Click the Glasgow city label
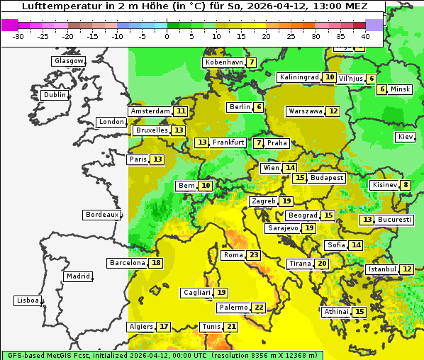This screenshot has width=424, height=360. [x=68, y=61]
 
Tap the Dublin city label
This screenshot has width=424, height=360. [x=54, y=95]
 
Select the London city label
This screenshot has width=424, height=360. [x=111, y=122]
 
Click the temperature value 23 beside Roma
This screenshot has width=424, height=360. [x=254, y=255]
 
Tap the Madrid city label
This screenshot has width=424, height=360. [x=77, y=276]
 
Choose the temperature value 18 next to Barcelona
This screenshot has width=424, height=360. [x=156, y=263]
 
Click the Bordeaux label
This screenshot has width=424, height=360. [x=101, y=215]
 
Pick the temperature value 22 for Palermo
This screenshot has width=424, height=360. [x=259, y=308]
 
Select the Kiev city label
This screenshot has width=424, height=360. [x=406, y=137]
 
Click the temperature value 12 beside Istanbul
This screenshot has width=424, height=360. [x=407, y=269]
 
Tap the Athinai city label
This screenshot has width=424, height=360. [x=335, y=312]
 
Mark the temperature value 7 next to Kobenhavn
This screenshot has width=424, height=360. [x=252, y=62]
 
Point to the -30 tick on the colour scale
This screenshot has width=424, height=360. [x=19, y=36]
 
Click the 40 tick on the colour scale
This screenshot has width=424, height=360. [x=365, y=36]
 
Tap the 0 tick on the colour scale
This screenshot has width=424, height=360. [x=167, y=36]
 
